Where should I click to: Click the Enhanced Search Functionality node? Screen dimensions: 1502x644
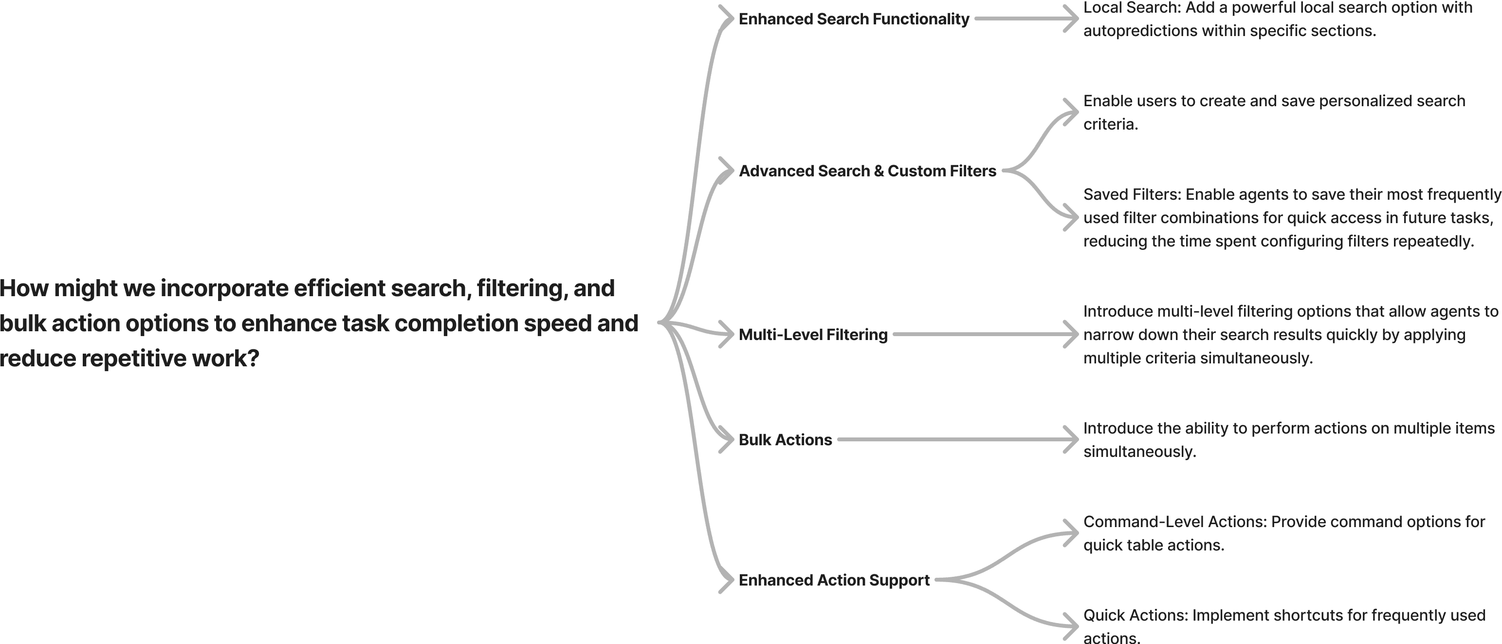pyautogui.click(x=854, y=19)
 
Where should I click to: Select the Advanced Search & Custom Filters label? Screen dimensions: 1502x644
pyautogui.click(x=867, y=171)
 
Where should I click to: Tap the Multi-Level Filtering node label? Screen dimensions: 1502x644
pyautogui.click(x=813, y=335)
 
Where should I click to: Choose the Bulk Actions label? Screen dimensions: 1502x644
pyautogui.click(x=785, y=440)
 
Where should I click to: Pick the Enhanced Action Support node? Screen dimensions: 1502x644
pyautogui.click(x=834, y=580)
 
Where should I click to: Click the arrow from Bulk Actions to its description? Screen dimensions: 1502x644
pyautogui.click(x=956, y=440)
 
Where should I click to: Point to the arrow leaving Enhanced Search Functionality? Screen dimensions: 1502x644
pyautogui.click(x=1026, y=19)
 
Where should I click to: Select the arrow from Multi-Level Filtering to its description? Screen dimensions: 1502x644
pyautogui.click(x=986, y=335)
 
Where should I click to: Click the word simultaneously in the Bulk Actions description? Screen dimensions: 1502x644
pyautogui.click(x=1139, y=452)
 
